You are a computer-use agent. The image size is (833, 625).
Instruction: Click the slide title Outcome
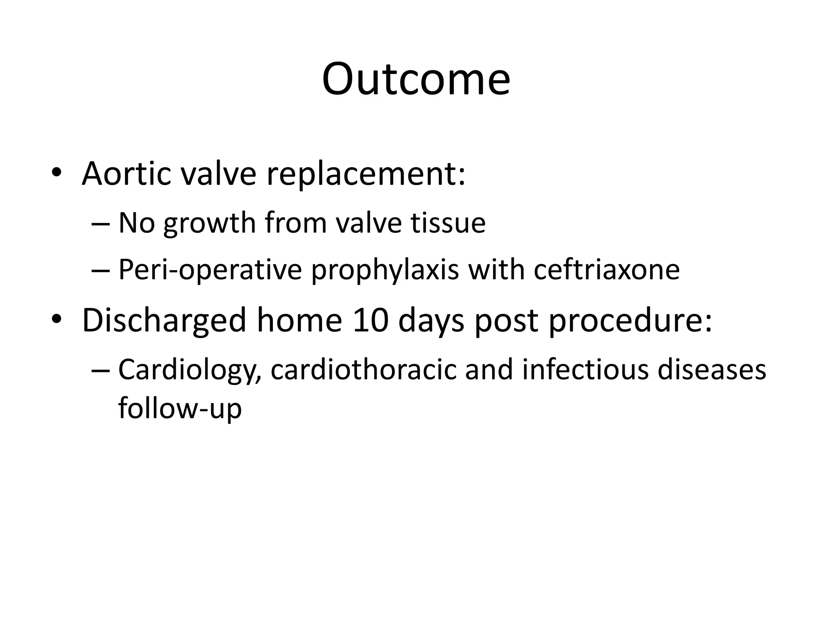[416, 79]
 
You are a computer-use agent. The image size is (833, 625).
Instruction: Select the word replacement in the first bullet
[366, 174]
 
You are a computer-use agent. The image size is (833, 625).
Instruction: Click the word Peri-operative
[210, 270]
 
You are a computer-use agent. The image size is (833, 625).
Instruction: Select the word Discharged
[164, 321]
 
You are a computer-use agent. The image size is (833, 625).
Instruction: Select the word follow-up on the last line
[180, 408]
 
